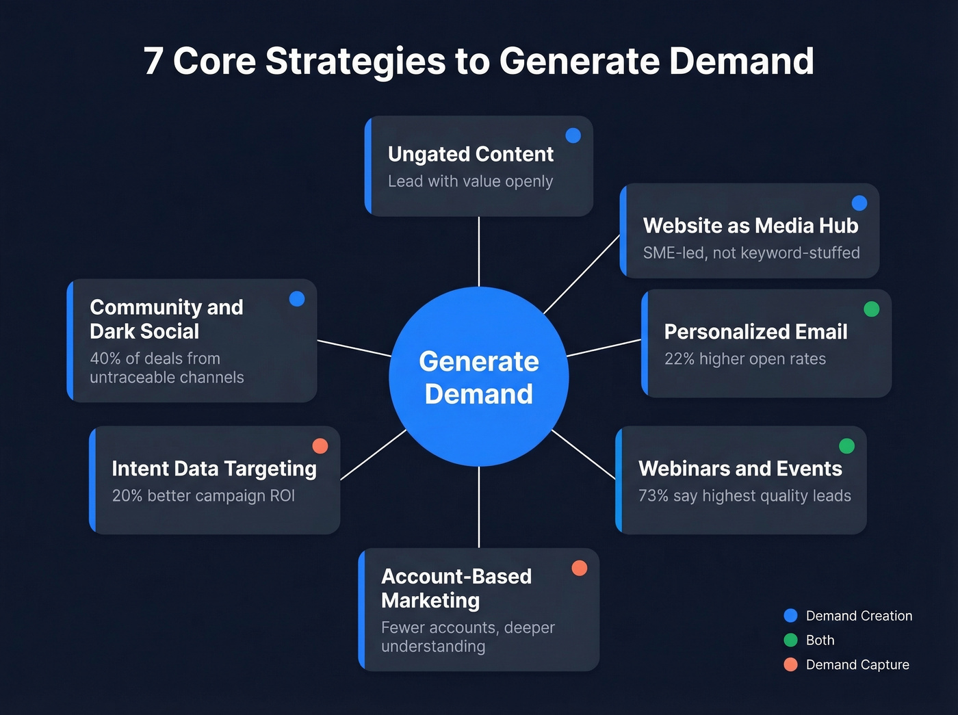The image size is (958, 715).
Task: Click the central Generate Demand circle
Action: [x=479, y=377]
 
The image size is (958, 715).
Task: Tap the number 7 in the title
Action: [x=153, y=62]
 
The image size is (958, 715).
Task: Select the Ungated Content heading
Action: [x=470, y=155]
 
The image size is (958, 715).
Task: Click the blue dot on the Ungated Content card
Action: [x=573, y=135]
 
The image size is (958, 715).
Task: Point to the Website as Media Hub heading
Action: [x=750, y=226]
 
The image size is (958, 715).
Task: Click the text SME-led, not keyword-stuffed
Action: [x=751, y=253]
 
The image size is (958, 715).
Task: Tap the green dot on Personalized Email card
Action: [x=872, y=309]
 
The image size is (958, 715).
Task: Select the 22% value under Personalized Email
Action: [x=679, y=359]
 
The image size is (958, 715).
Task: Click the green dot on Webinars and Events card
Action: [x=846, y=446]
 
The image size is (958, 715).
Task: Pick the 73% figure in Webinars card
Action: [x=653, y=496]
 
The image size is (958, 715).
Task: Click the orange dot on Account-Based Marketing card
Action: [x=580, y=568]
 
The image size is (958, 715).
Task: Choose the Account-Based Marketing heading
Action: [x=456, y=588]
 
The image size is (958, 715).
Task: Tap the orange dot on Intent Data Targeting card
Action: [x=320, y=446]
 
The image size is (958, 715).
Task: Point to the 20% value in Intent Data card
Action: [x=127, y=496]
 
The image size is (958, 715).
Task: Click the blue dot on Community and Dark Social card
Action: [x=297, y=299]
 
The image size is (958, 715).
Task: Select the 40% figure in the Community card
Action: [x=105, y=359]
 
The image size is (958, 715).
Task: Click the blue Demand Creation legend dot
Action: [x=790, y=616]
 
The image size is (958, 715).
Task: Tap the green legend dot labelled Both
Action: [x=790, y=640]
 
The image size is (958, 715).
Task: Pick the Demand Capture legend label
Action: [x=857, y=665]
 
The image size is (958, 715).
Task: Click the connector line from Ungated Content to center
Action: [x=479, y=251]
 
